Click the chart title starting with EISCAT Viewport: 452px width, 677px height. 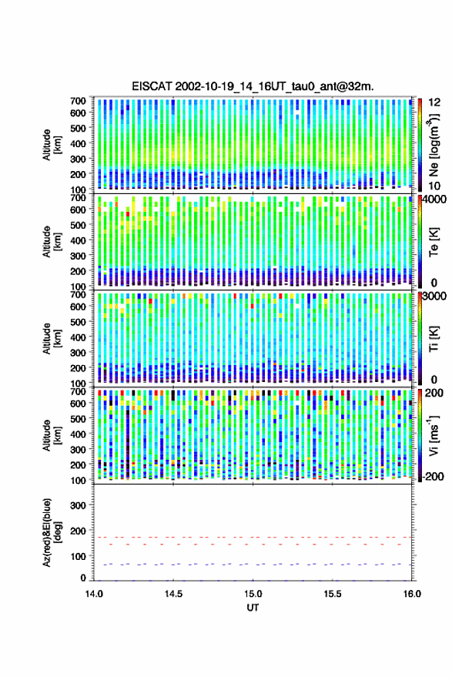(x=253, y=86)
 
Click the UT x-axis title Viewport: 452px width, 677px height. (x=253, y=608)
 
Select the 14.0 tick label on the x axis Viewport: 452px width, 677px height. (x=94, y=594)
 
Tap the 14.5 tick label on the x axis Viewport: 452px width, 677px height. (x=173, y=594)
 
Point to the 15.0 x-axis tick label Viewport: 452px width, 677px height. (x=253, y=594)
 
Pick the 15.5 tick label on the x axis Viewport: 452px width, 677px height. (x=332, y=594)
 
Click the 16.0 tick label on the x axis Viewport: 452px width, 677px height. (x=411, y=594)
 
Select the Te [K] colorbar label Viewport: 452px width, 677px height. (x=434, y=242)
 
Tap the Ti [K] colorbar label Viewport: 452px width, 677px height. (x=434, y=339)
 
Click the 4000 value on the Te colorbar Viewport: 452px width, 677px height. (x=434, y=199)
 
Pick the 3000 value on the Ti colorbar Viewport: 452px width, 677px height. (x=434, y=297)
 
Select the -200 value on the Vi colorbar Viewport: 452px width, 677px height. (x=433, y=476)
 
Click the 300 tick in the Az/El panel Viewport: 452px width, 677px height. (x=78, y=505)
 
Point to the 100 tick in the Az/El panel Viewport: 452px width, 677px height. (x=78, y=557)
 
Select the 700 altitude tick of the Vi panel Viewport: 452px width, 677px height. (x=78, y=391)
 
